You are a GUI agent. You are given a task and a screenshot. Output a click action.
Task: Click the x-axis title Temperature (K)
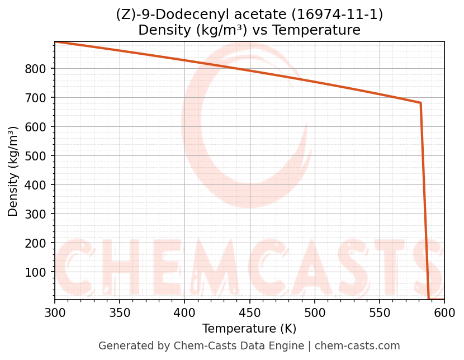[249, 329]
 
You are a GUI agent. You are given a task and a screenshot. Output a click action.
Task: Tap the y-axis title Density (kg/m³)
[13, 171]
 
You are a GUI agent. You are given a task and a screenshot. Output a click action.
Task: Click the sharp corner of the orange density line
[420, 103]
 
